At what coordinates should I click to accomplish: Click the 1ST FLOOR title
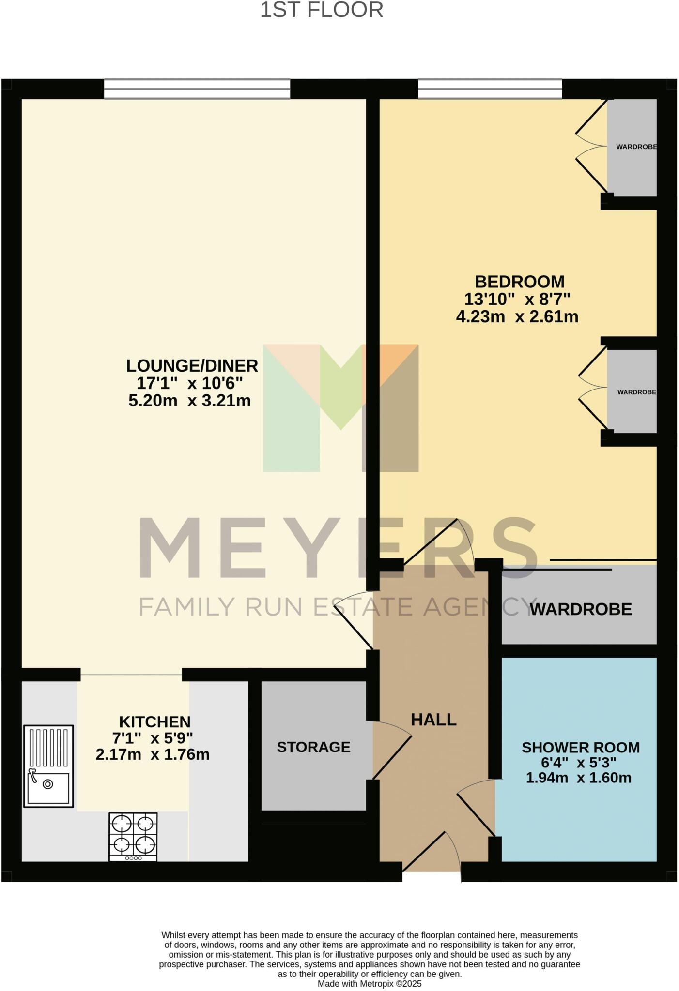(322, 10)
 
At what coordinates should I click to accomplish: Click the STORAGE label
(313, 747)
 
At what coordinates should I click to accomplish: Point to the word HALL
(433, 720)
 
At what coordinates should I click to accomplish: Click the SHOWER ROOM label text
(580, 748)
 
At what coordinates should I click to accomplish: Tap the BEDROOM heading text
(519, 282)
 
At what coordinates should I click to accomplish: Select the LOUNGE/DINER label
(192, 366)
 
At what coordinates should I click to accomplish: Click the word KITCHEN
(154, 722)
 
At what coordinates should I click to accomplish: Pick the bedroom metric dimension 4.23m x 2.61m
(517, 317)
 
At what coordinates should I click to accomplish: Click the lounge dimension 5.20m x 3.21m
(189, 401)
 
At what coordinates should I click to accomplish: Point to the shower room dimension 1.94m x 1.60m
(578, 778)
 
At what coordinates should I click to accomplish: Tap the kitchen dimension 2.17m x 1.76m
(153, 754)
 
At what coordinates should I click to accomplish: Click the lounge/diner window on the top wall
(197, 89)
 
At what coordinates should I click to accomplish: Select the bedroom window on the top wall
(490, 89)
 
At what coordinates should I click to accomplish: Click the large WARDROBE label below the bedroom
(581, 609)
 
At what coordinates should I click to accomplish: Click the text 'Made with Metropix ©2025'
(370, 984)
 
